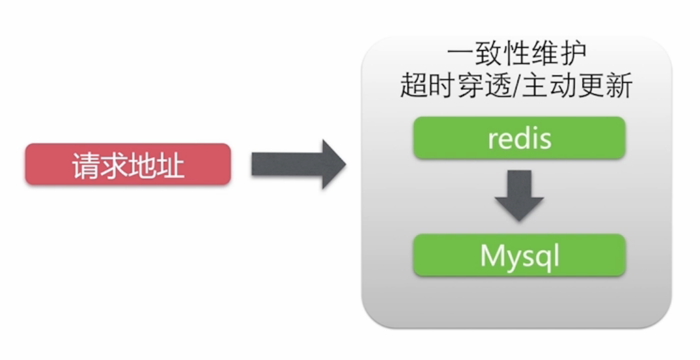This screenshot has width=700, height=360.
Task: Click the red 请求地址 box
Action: (128, 164)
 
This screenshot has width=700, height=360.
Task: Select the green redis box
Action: (519, 138)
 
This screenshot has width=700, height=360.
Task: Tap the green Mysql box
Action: (519, 255)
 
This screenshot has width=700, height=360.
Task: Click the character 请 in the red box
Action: (85, 165)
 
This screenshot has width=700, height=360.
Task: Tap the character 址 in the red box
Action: (171, 165)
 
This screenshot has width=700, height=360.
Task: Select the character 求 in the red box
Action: (114, 165)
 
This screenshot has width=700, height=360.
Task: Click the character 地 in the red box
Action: (143, 165)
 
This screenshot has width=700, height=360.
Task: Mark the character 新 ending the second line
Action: (619, 85)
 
